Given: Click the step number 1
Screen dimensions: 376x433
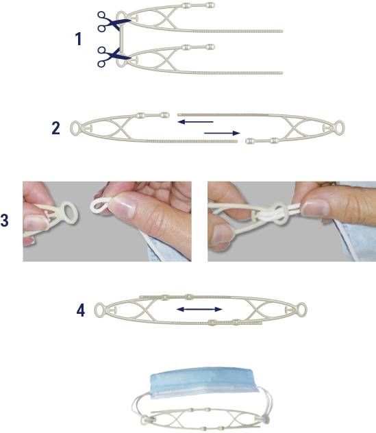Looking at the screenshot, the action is (x=79, y=38).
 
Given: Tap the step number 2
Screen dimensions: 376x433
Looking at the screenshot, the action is (x=55, y=128).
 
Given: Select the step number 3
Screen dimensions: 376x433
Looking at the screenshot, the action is (x=4, y=221).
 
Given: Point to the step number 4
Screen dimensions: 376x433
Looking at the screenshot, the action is (x=81, y=310).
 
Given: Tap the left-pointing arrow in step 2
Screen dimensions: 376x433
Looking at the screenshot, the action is (x=195, y=121).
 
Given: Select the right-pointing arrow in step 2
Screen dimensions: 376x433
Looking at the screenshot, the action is (x=222, y=133).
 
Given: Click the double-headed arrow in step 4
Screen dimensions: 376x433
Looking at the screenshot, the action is (x=199, y=309).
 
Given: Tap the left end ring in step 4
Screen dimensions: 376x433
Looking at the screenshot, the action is (x=95, y=310).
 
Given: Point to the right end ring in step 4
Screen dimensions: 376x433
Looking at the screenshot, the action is (x=306, y=310).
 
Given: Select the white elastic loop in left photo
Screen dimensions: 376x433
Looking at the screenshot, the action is (x=94, y=205).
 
